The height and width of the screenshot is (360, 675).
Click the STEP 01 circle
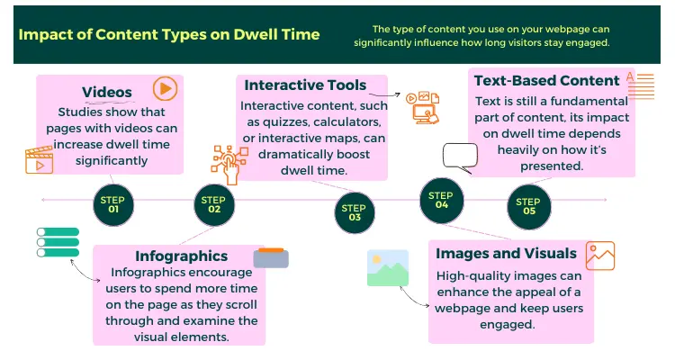click(x=113, y=204)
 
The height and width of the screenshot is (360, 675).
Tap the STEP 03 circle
click(x=354, y=211)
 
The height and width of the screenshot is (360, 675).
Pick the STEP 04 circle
click(x=441, y=200)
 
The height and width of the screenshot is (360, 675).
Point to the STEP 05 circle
click(x=529, y=207)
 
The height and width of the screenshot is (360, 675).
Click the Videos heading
click(x=107, y=91)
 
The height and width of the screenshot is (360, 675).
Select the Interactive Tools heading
click(x=305, y=85)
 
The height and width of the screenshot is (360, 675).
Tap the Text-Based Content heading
click(x=546, y=81)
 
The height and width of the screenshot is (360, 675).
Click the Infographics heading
click(x=181, y=256)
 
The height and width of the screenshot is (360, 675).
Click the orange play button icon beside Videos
click(x=164, y=88)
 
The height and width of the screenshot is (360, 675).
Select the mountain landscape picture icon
click(x=388, y=268)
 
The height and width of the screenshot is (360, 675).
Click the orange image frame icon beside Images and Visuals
click(x=599, y=256)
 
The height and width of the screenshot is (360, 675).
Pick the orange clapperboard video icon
click(x=40, y=160)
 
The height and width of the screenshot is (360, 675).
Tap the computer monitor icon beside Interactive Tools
click(x=423, y=107)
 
